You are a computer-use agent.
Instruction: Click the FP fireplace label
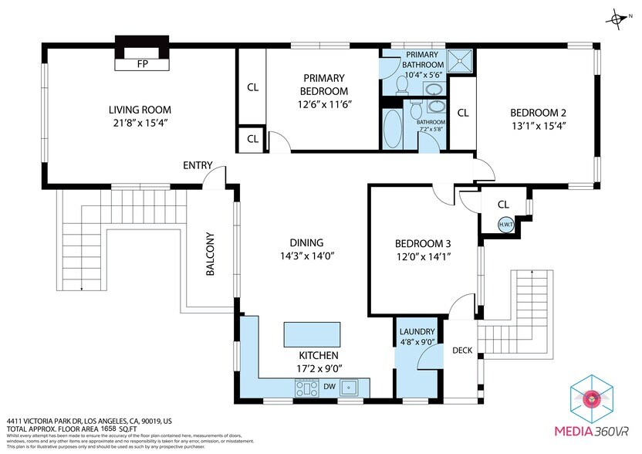coord(142,64)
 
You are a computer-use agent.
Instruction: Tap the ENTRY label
coord(198,166)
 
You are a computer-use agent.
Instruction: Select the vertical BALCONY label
coord(210,254)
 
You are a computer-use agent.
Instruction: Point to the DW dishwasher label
coord(329,386)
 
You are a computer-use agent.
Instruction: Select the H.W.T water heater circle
coord(506,225)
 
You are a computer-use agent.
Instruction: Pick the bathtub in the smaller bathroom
coord(393,129)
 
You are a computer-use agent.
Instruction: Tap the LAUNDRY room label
coord(417,332)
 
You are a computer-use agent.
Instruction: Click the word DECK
coord(462,351)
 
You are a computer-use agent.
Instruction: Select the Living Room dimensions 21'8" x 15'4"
coord(140,123)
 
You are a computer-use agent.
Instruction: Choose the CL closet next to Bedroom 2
coord(462,113)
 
